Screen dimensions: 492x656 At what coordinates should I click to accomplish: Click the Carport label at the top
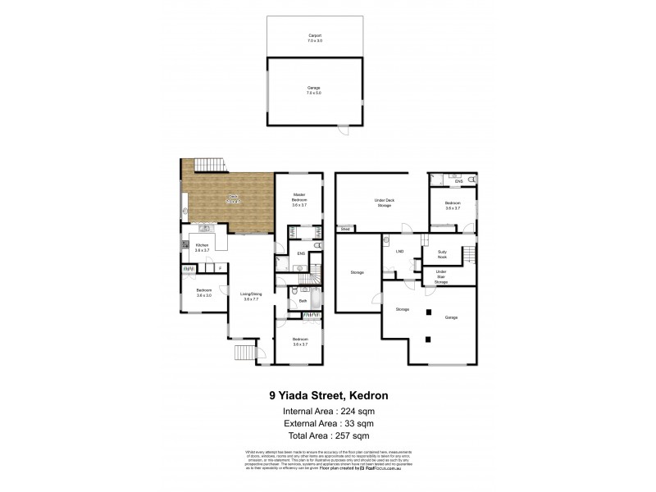pos(315,37)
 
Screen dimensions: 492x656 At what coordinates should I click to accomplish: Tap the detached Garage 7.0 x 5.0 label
pos(315,89)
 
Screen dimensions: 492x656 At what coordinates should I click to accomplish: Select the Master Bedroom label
pos(299,199)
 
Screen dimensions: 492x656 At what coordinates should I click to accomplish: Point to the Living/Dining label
pos(251,297)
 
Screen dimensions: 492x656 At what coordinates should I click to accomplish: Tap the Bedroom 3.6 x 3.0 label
pos(204,293)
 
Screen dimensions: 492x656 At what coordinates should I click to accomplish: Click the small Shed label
pos(345,229)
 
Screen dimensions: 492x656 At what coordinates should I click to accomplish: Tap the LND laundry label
pos(401,252)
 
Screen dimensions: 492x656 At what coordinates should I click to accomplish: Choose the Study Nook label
pos(441,256)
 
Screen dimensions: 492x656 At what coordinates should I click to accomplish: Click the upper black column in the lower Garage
pos(427,311)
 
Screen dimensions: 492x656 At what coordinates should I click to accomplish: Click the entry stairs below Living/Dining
pos(244,353)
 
